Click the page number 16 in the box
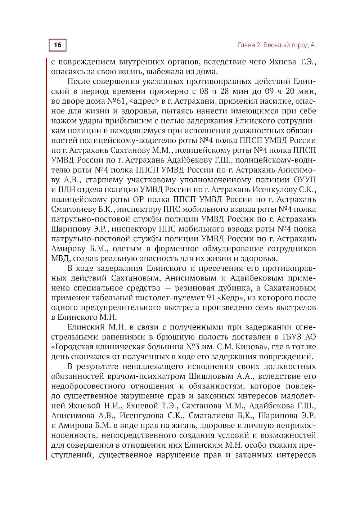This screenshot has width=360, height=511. point(58,45)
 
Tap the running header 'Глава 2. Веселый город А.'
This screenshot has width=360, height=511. point(276,45)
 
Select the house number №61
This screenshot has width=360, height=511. point(117,101)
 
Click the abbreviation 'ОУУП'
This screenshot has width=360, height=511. point(305,180)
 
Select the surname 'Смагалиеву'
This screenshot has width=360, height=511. point(73,209)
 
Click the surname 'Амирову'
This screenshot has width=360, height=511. point(68,248)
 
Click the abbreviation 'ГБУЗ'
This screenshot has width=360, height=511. point(289,337)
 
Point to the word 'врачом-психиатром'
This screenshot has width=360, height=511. point(146,376)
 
